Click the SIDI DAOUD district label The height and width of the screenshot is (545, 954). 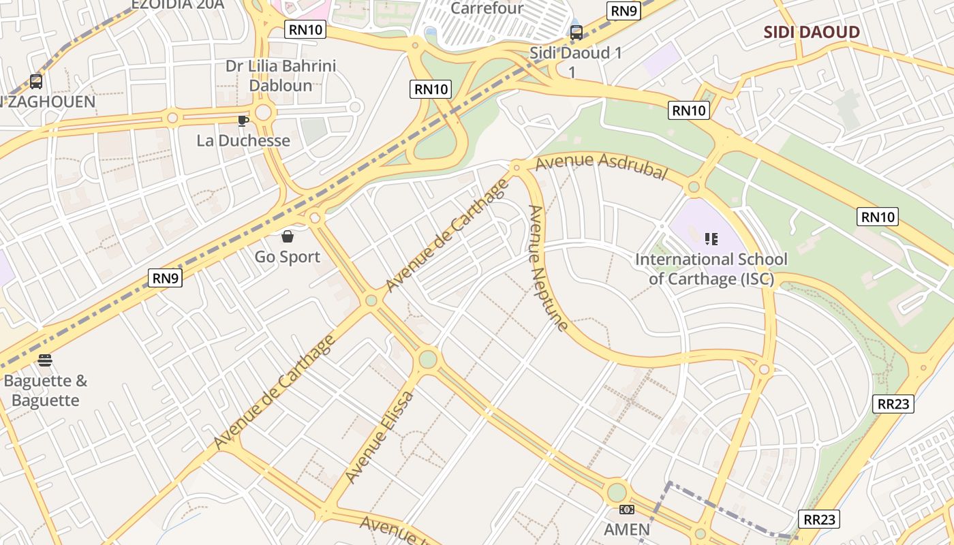click(811, 32)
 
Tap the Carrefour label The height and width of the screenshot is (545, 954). click(487, 8)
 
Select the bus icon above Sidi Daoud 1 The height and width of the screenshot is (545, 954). click(576, 32)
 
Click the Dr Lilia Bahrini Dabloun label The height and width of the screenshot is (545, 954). click(281, 76)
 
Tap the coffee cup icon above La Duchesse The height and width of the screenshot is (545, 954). click(243, 121)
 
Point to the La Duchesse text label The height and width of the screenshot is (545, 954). click(243, 140)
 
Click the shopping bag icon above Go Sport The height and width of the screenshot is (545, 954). click(288, 236)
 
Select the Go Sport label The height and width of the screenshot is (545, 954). click(288, 257)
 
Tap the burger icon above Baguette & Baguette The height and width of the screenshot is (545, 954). click(45, 360)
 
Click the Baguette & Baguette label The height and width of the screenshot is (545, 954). click(46, 390)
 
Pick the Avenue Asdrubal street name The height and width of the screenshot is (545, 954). click(600, 166)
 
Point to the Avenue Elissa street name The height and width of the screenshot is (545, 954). click(379, 437)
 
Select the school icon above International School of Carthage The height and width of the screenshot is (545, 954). click(711, 239)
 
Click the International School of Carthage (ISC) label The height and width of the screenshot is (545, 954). click(711, 268)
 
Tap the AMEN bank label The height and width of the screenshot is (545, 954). click(627, 529)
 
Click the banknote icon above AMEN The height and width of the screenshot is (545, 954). click(627, 510)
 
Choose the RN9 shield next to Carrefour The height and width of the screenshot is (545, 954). click(625, 10)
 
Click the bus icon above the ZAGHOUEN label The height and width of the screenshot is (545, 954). click(36, 82)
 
